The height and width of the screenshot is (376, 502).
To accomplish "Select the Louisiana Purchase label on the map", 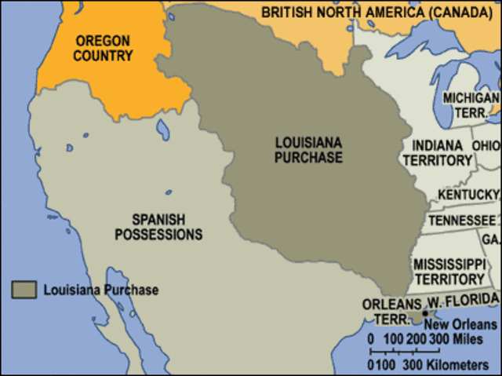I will click(308, 150).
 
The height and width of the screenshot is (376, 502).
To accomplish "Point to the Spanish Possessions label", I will click(167, 227).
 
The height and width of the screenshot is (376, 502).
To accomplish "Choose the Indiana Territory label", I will click(436, 153).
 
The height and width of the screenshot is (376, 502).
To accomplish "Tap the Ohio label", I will click(486, 146).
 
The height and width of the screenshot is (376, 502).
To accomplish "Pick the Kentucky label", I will click(468, 195).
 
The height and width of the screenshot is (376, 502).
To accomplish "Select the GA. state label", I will click(490, 239).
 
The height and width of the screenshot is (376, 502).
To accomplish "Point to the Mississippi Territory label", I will click(449, 271).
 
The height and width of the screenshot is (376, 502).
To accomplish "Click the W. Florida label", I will click(462, 302).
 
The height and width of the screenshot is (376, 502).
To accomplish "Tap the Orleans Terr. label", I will click(386, 312).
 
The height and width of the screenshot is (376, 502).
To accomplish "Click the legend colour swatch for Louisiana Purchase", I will click(24, 290).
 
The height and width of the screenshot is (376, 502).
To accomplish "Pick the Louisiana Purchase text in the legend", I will click(100, 290).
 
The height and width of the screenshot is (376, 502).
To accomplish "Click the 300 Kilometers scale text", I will click(456, 366).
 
